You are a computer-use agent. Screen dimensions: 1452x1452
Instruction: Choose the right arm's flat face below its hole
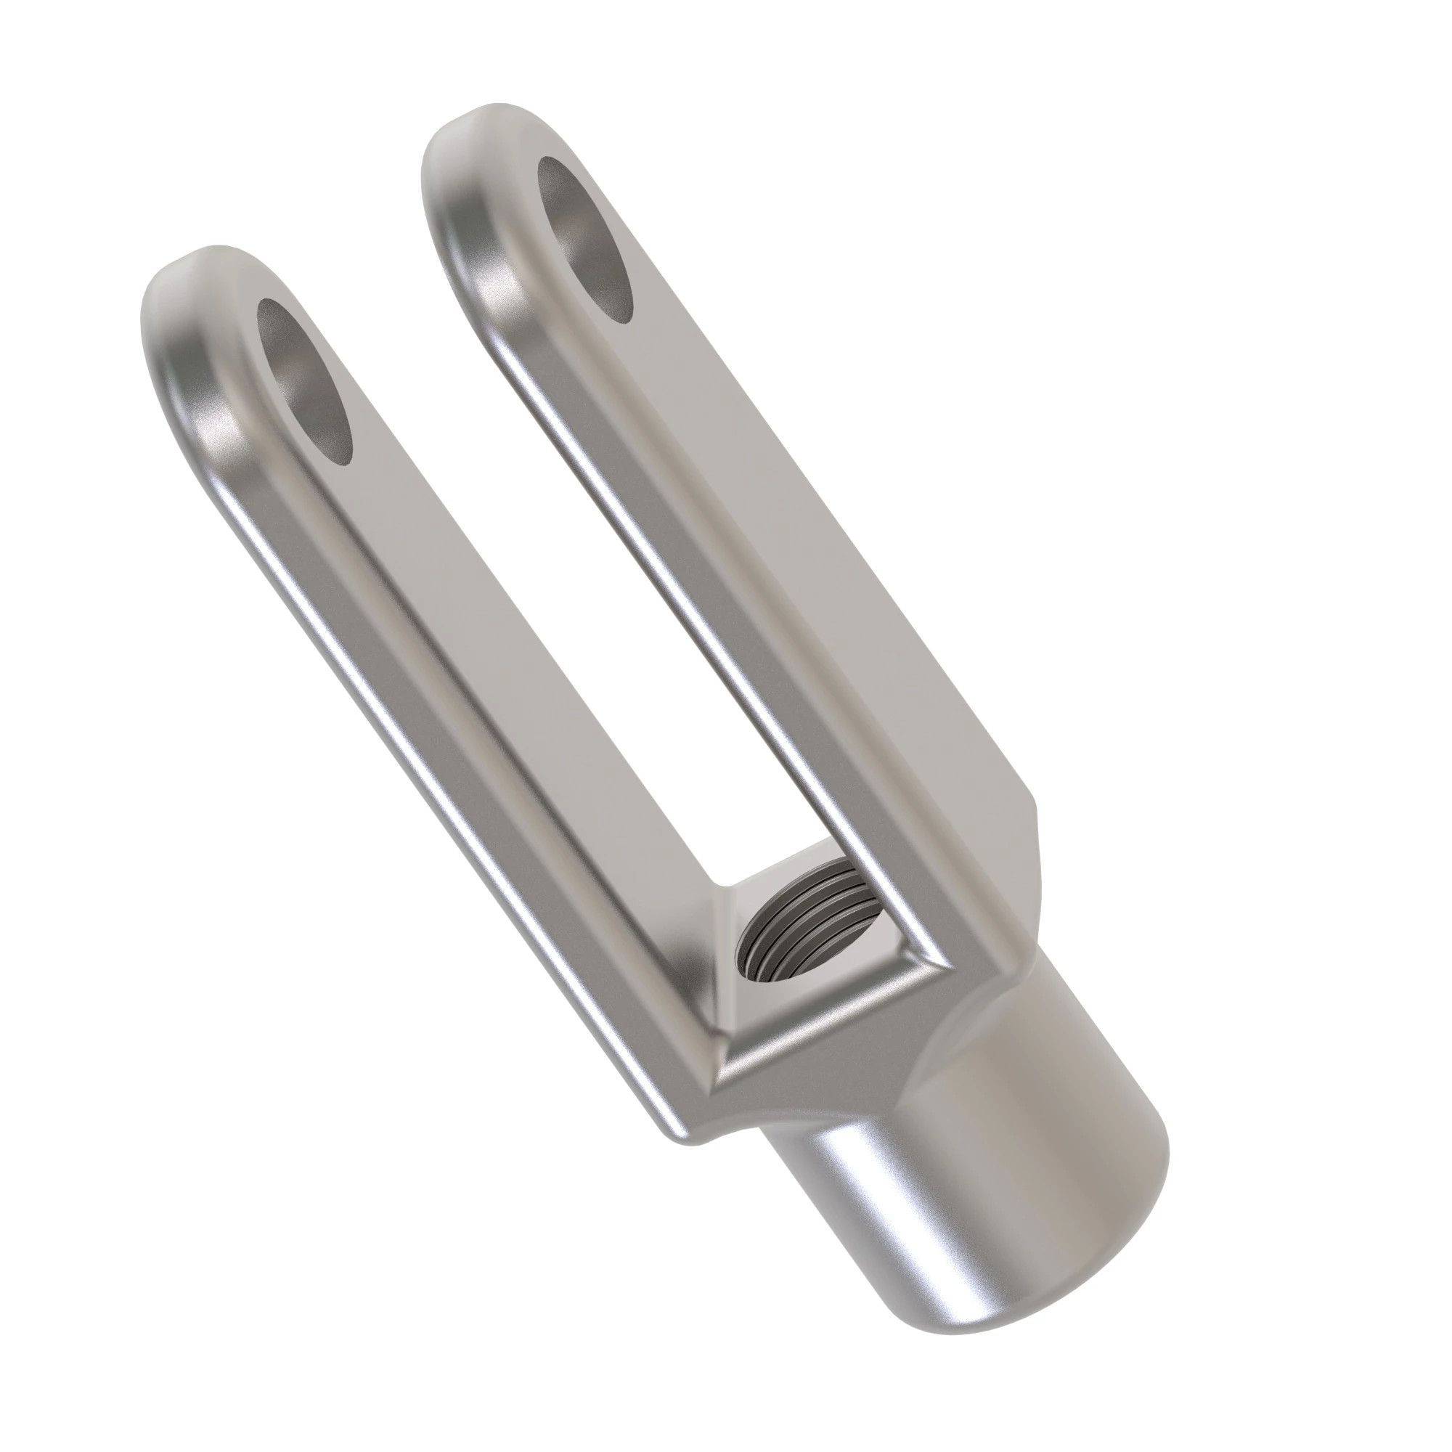coord(789,526)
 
